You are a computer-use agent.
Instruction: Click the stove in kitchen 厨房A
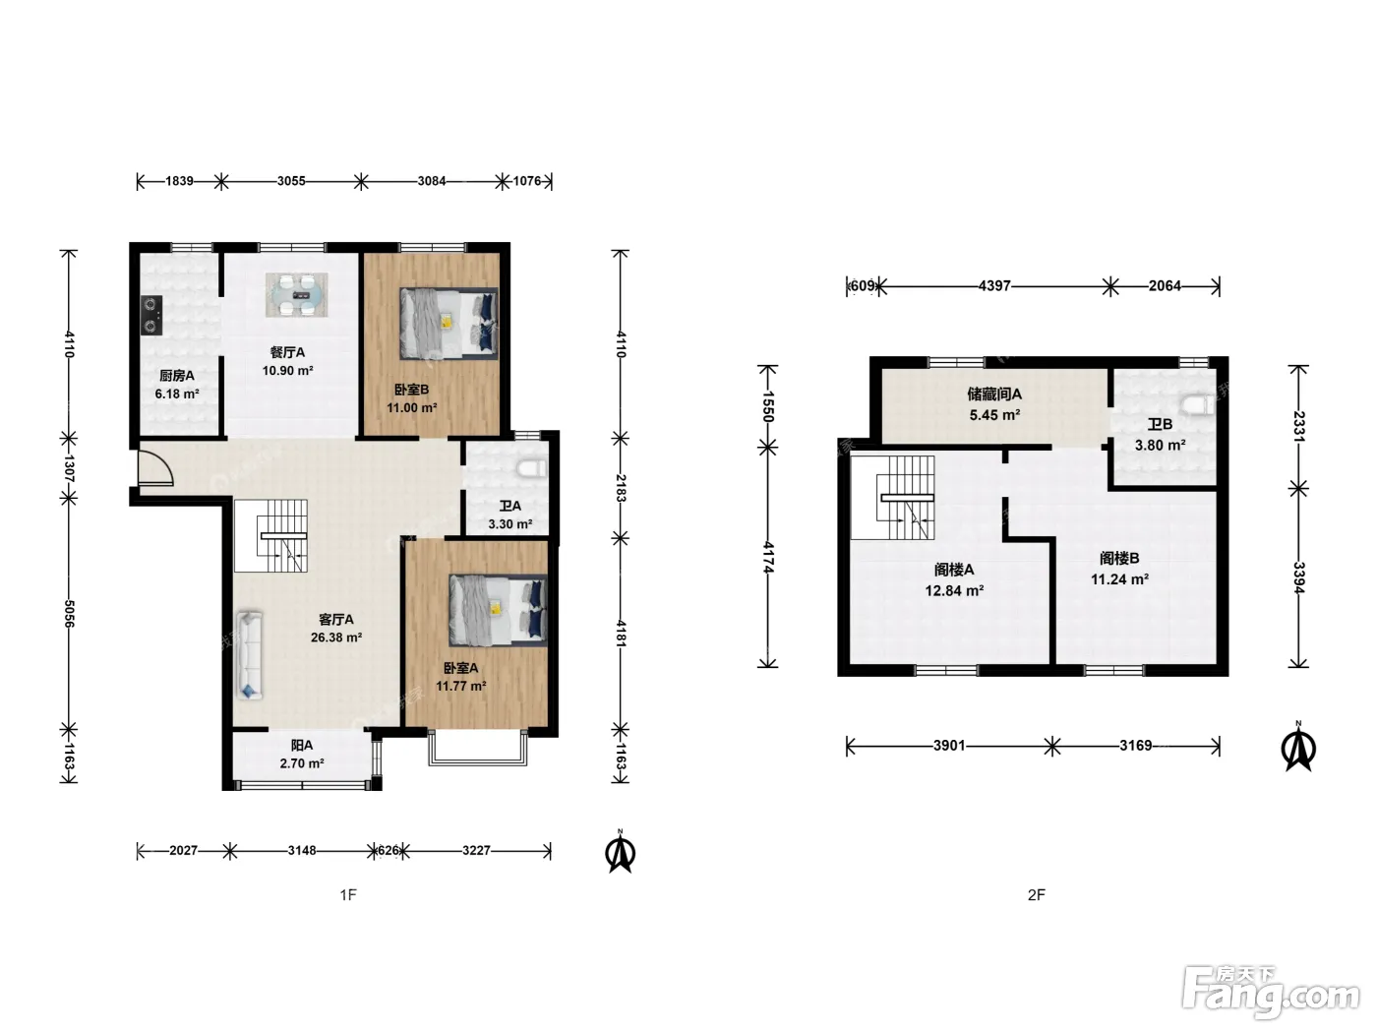[x=151, y=315]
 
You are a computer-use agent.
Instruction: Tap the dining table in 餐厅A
[x=296, y=295]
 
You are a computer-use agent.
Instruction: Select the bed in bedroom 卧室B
[x=449, y=324]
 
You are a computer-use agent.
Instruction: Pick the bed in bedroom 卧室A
[x=498, y=611]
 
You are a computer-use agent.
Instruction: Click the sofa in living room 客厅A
[x=250, y=655]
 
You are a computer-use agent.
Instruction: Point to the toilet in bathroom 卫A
[x=533, y=468]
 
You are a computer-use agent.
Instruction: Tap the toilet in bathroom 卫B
[x=1198, y=404]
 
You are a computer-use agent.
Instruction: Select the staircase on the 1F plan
[x=271, y=535]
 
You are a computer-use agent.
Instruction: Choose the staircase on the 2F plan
[x=893, y=498]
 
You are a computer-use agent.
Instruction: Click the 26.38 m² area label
[x=336, y=638]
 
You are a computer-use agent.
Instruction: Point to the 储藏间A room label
[x=994, y=394]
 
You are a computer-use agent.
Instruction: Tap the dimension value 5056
[x=69, y=614]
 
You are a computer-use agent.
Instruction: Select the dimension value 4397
[x=994, y=286]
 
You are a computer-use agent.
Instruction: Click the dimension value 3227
[x=476, y=850]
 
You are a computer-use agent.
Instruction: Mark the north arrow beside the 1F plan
[x=621, y=852]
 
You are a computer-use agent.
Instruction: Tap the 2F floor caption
[x=1037, y=895]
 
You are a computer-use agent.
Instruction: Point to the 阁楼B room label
[x=1119, y=558]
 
